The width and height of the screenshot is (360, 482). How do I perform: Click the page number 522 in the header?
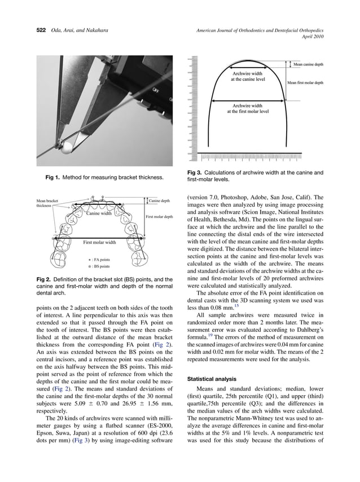pyautogui.click(x=36, y=29)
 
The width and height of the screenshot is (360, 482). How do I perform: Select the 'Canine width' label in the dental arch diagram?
pyautogui.click(x=99, y=213)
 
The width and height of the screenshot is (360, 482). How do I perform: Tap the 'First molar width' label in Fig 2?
pyautogui.click(x=99, y=242)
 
